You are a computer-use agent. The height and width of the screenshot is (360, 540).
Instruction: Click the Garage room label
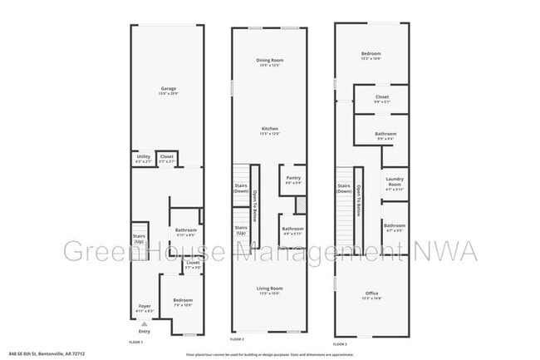coord(168,89)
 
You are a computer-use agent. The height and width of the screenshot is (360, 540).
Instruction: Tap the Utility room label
coord(143,156)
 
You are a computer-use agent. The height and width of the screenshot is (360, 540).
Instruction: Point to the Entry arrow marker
coord(145,323)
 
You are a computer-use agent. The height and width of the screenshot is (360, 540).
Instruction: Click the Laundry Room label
coord(395,185)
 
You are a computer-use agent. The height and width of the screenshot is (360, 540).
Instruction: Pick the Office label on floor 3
coord(371,293)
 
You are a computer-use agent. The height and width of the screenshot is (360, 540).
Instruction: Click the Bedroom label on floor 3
coord(371,54)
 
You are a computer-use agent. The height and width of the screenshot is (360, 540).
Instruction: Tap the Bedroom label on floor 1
coord(183,300)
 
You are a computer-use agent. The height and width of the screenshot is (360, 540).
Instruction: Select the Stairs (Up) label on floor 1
coord(139,238)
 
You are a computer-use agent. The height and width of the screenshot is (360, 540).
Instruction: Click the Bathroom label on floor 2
coord(292,229)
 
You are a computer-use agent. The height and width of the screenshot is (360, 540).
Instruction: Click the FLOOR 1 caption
coord(135,342)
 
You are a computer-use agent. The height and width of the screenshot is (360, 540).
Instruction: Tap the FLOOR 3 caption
coord(340,343)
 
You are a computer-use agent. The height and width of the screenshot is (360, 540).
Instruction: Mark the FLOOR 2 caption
coord(237,340)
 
